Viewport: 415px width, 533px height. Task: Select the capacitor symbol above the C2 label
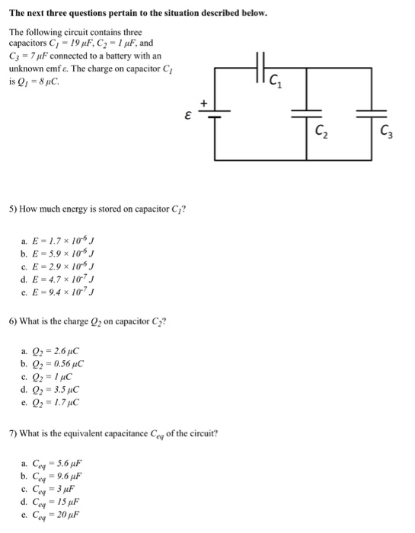point(308,113)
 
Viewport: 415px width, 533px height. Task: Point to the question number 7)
point(13,434)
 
